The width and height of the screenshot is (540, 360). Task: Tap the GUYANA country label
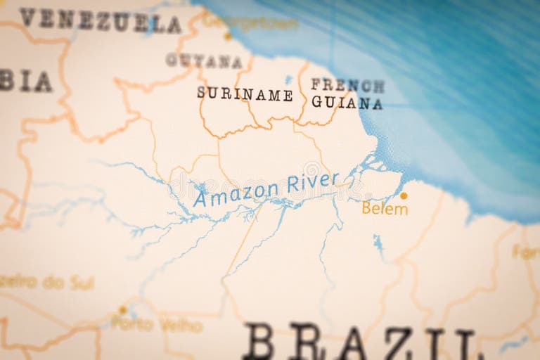(204, 61)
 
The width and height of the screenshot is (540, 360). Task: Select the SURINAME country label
(245, 94)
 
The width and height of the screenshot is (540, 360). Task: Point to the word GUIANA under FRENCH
(347, 103)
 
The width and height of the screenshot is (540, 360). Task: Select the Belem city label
(385, 209)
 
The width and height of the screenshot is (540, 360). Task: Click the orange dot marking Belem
(404, 195)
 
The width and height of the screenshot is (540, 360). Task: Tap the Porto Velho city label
(157, 325)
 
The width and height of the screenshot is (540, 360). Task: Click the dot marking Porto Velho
(123, 309)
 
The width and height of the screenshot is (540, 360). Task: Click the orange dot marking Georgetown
(227, 36)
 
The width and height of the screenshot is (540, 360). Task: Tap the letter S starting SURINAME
(202, 92)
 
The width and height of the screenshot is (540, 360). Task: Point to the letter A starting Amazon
(200, 198)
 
